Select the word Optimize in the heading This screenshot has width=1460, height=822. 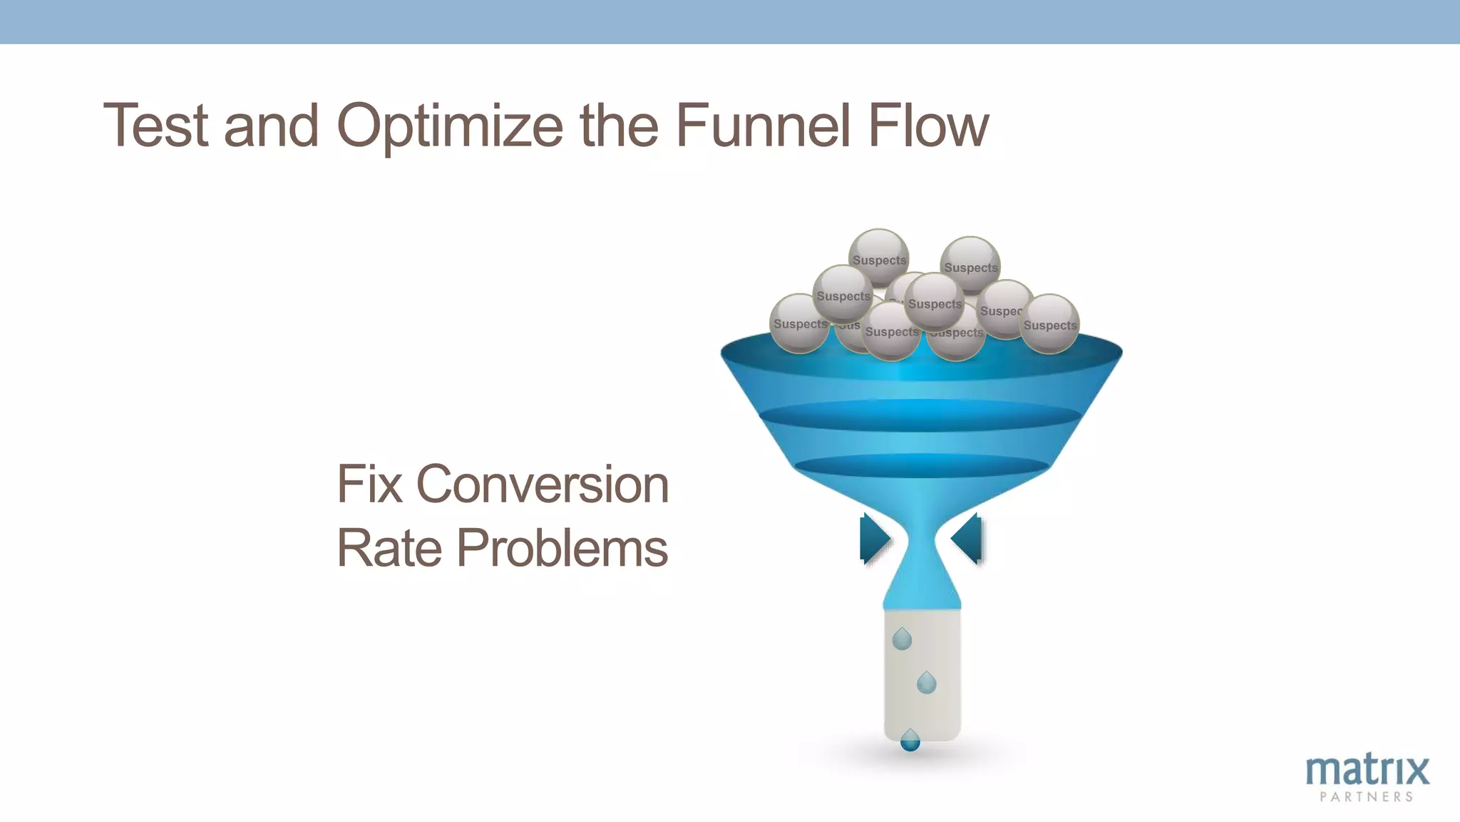[450, 127]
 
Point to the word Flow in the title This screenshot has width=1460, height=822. [927, 126]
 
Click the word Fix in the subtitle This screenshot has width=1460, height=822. [369, 484]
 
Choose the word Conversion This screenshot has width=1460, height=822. [542, 484]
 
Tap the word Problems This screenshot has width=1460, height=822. [562, 548]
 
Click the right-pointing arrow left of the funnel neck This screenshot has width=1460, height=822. [874, 539]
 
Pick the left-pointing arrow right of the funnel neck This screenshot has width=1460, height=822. [968, 539]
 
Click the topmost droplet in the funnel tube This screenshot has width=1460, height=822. [902, 639]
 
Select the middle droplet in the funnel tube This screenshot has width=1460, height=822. [926, 683]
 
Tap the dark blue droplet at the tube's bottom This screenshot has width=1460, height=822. [910, 741]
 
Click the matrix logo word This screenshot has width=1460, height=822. [1367, 771]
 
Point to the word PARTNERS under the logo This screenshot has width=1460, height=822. [1367, 797]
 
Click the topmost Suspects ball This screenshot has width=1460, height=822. [879, 258]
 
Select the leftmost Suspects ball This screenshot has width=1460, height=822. [800, 323]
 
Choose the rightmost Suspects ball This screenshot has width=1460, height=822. [1049, 324]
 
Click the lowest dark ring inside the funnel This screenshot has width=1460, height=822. [922, 466]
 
